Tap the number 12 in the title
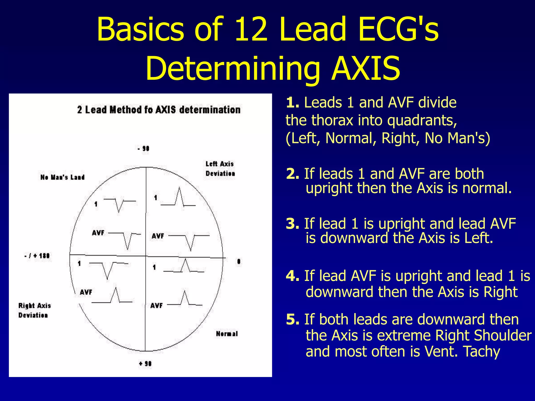(x=251, y=29)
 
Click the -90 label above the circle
(x=143, y=149)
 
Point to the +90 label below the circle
(x=145, y=363)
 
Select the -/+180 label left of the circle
(x=37, y=256)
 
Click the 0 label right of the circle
(x=239, y=261)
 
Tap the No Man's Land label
(x=62, y=177)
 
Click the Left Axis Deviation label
(x=220, y=169)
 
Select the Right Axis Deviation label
(x=34, y=310)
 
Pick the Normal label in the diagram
(x=227, y=334)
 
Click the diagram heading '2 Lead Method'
(x=159, y=110)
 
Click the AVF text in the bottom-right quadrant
(x=156, y=305)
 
